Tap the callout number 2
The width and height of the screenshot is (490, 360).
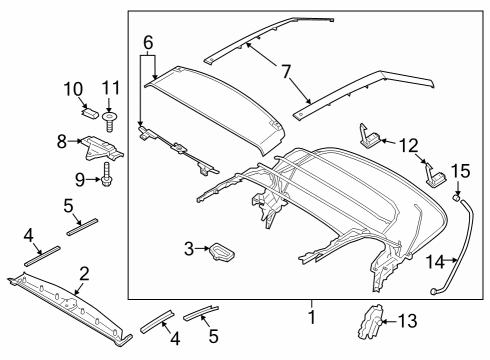pos(84,272)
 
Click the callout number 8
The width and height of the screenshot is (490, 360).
pos(62,142)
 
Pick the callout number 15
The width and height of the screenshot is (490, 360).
pos(461,171)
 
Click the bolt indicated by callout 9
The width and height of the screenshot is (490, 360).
pos(105,181)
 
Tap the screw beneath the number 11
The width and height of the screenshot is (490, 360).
pos(110,119)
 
